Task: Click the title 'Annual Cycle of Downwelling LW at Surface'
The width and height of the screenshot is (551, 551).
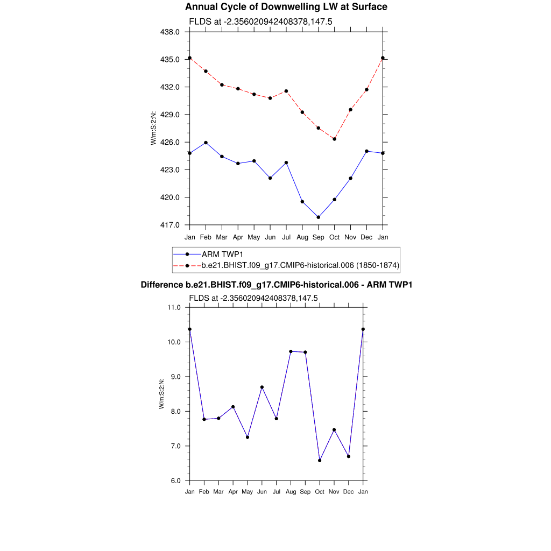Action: click(286, 7)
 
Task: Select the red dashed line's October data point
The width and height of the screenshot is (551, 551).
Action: click(335, 139)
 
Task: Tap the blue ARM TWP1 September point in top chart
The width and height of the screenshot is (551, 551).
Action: click(319, 217)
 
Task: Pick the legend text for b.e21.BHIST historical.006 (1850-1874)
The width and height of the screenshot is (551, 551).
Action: click(300, 265)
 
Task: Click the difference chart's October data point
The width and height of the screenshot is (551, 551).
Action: click(320, 461)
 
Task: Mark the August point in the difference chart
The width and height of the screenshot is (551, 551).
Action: click(291, 351)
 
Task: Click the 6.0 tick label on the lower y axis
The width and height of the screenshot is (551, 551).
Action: click(176, 481)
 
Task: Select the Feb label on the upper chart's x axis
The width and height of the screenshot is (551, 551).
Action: click(206, 237)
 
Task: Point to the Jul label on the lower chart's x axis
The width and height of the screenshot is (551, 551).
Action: click(277, 492)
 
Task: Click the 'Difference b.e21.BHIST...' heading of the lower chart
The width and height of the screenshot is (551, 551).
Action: click(276, 285)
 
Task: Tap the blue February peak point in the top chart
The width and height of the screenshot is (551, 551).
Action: click(206, 143)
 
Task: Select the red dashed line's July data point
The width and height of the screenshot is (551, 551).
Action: click(286, 91)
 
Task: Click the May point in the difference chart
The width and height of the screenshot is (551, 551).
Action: click(248, 437)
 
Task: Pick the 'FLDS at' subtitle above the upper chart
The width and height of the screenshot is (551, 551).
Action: click(253, 22)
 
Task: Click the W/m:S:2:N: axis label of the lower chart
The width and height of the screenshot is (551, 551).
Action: click(161, 394)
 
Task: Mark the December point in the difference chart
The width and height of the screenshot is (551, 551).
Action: click(349, 456)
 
